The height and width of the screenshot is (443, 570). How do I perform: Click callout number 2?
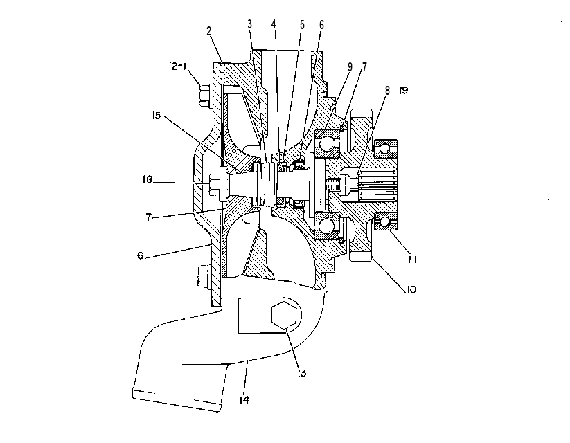[x=208, y=31]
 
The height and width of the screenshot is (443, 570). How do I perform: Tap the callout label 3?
[x=249, y=24]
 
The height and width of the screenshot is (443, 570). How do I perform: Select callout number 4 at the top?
[x=274, y=24]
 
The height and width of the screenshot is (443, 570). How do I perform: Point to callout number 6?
[x=321, y=25]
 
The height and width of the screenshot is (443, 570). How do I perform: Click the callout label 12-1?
[x=178, y=66]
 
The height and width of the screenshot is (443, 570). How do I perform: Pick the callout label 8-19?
[x=397, y=90]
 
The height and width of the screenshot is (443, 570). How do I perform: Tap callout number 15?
[x=157, y=116]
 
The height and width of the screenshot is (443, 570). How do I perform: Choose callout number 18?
[x=148, y=179]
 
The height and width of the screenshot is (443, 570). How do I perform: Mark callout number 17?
[x=147, y=217]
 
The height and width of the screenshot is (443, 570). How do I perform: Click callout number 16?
[x=139, y=255]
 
